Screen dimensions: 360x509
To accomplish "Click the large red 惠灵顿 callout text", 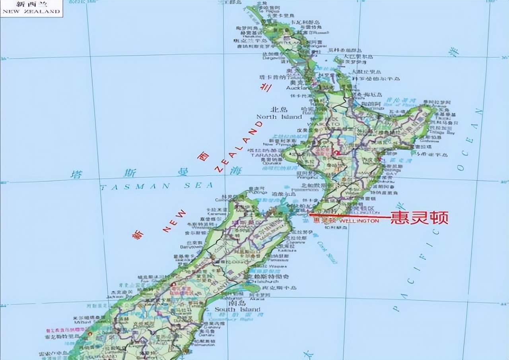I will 420,217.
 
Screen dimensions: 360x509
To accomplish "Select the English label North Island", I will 279,117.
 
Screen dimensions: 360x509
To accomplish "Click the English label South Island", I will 237,309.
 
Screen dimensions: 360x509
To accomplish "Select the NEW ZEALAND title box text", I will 31,11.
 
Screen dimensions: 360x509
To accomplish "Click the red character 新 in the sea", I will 137,235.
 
